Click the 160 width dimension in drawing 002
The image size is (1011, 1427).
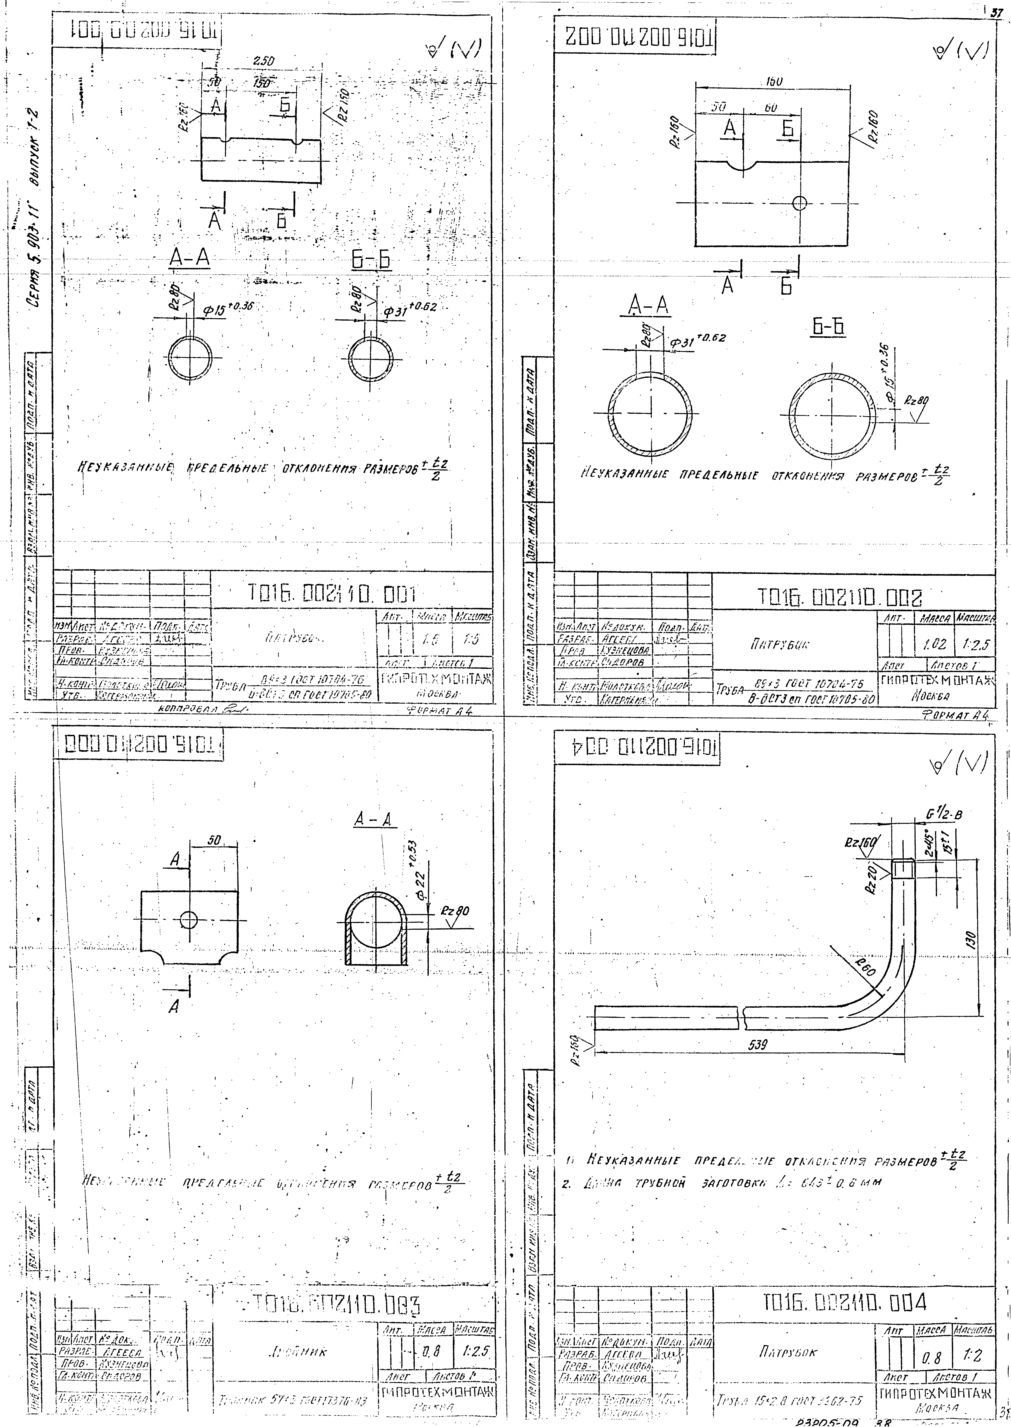coord(774,82)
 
